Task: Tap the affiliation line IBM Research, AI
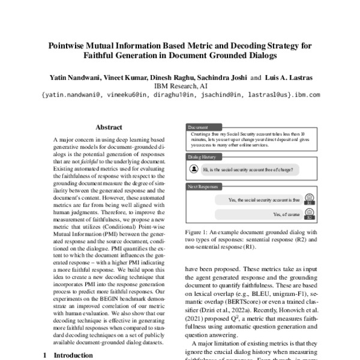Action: pyautogui.click(x=179, y=86)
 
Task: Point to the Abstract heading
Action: pyautogui.click(x=109, y=127)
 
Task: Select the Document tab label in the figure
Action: pyautogui.click(x=199, y=127)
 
